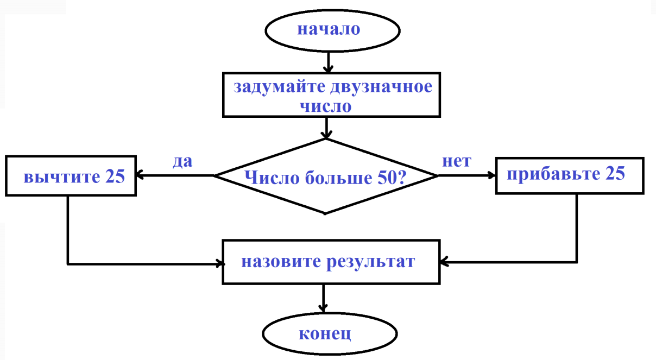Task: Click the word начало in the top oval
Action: [x=329, y=29]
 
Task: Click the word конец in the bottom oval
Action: [x=325, y=334]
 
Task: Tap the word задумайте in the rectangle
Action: [x=280, y=87]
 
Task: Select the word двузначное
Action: [x=381, y=87]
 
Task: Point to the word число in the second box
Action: [x=326, y=106]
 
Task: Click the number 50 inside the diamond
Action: [x=386, y=178]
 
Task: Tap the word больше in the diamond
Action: [x=338, y=178]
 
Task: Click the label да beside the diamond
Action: [x=182, y=161]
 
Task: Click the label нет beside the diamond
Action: [x=457, y=161]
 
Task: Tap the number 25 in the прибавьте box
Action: [x=615, y=173]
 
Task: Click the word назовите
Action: [x=281, y=262]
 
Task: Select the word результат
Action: [x=371, y=262]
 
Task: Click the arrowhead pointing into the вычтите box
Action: [x=140, y=175]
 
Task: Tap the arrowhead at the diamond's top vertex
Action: [x=326, y=135]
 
